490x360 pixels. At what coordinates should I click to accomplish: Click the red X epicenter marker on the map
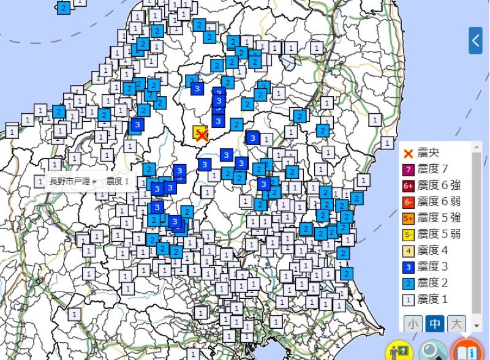point(202,135)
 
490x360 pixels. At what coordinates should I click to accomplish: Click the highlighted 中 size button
point(435,323)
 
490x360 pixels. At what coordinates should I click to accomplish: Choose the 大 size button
point(456,323)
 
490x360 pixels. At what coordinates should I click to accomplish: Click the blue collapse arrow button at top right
point(476,41)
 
